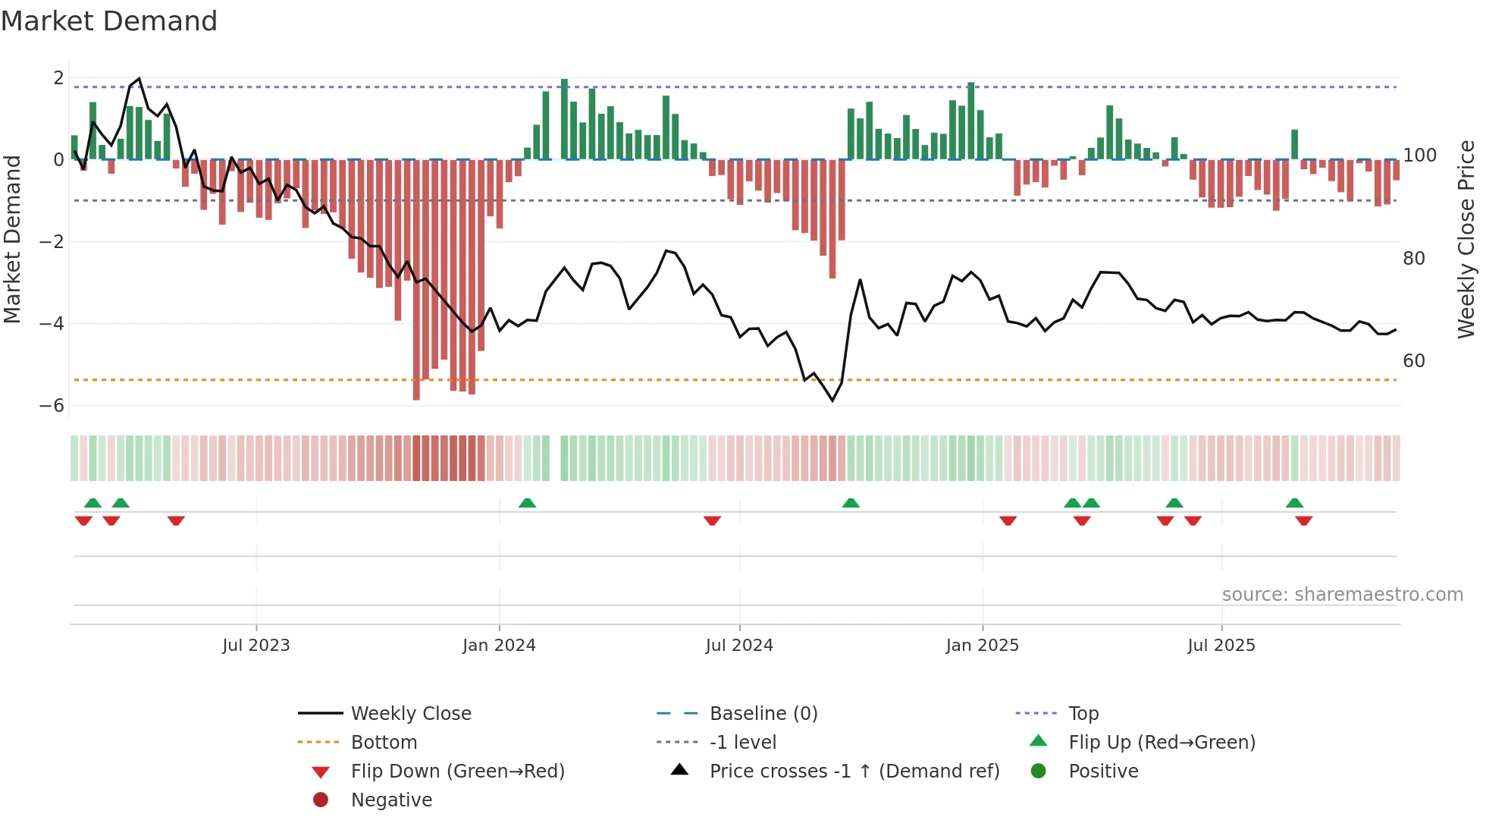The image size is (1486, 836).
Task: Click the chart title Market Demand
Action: click(x=109, y=21)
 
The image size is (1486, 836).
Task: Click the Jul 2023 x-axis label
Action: click(x=256, y=646)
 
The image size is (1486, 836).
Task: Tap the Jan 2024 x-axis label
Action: click(x=499, y=646)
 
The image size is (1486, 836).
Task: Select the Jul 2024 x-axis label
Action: click(x=739, y=646)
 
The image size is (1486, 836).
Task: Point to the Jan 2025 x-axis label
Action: click(x=982, y=646)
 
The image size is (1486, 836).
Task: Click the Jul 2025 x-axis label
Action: click(x=1221, y=646)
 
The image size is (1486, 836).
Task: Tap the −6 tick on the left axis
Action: click(x=52, y=406)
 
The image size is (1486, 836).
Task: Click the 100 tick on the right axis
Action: click(x=1419, y=156)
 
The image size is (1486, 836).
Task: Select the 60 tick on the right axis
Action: click(x=1414, y=361)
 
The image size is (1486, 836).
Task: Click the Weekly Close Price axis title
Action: click(x=1466, y=239)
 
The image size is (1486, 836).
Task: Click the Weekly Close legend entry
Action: click(x=410, y=714)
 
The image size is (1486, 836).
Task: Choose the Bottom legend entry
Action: click(x=384, y=743)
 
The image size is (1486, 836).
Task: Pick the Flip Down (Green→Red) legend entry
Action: click(x=457, y=772)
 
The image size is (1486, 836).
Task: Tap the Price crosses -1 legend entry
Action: click(x=854, y=772)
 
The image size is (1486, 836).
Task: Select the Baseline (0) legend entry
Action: click(x=763, y=714)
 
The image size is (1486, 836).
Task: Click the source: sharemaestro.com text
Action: click(x=1342, y=595)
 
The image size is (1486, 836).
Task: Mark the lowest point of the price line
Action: click(x=832, y=400)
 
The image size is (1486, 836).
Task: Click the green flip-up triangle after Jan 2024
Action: click(x=527, y=503)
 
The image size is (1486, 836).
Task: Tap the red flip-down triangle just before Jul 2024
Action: click(x=712, y=520)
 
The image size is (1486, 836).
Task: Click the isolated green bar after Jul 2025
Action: click(x=1294, y=144)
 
